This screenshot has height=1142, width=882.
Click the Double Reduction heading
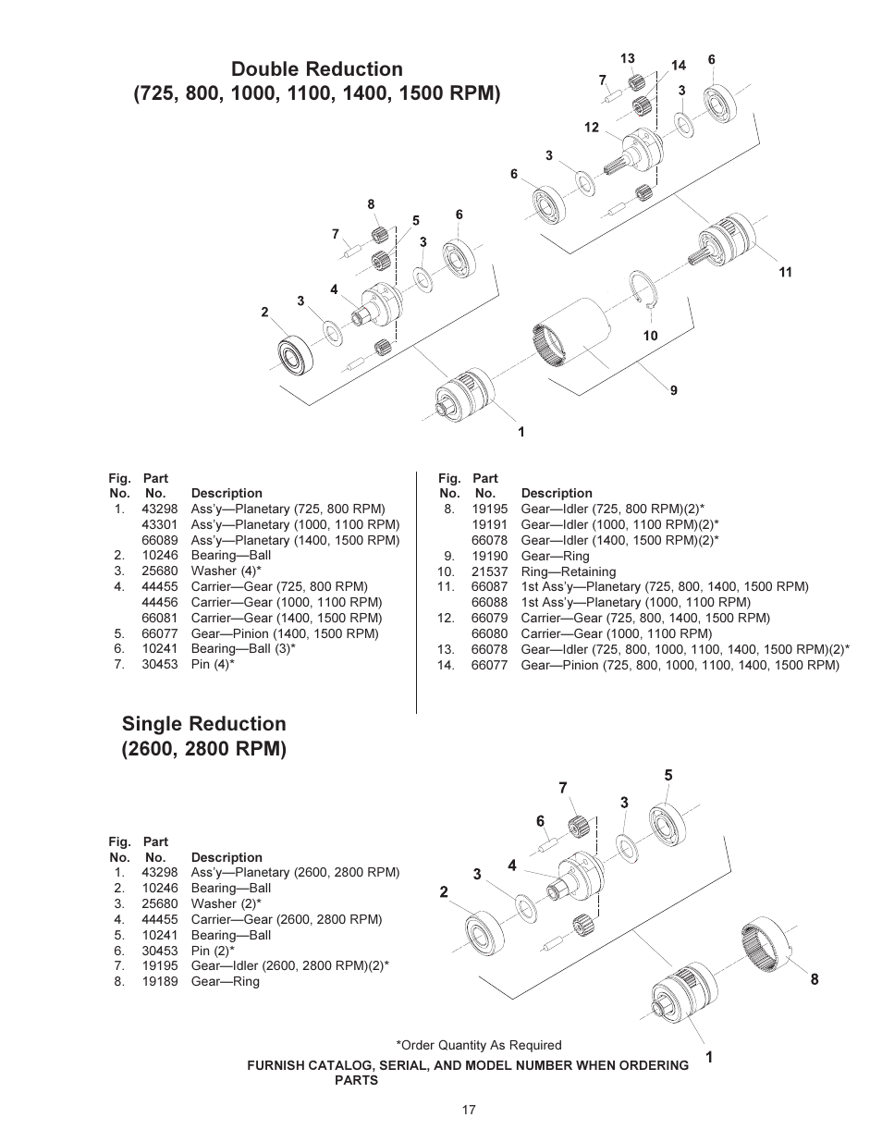tap(317, 69)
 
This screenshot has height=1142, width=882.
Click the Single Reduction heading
tap(203, 723)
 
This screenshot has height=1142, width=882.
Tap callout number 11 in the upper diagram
tap(785, 272)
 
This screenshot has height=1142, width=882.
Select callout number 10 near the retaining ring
tap(650, 336)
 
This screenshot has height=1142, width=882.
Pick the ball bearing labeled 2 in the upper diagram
tap(298, 356)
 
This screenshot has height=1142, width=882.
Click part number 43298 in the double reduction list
tap(159, 509)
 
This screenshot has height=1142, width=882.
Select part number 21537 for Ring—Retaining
tap(489, 571)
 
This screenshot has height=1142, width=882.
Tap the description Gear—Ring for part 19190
tap(555, 556)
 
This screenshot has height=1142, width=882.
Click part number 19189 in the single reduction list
tap(159, 981)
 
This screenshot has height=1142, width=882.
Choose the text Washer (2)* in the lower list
tap(226, 903)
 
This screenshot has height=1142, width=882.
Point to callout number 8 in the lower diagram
tap(815, 979)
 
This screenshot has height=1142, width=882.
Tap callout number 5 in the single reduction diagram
tap(668, 775)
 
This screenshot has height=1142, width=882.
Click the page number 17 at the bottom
tap(469, 1110)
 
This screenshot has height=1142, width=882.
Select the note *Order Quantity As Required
tap(478, 1045)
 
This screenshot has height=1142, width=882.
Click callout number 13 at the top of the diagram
tap(627, 58)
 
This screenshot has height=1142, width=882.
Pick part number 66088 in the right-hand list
tap(489, 602)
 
